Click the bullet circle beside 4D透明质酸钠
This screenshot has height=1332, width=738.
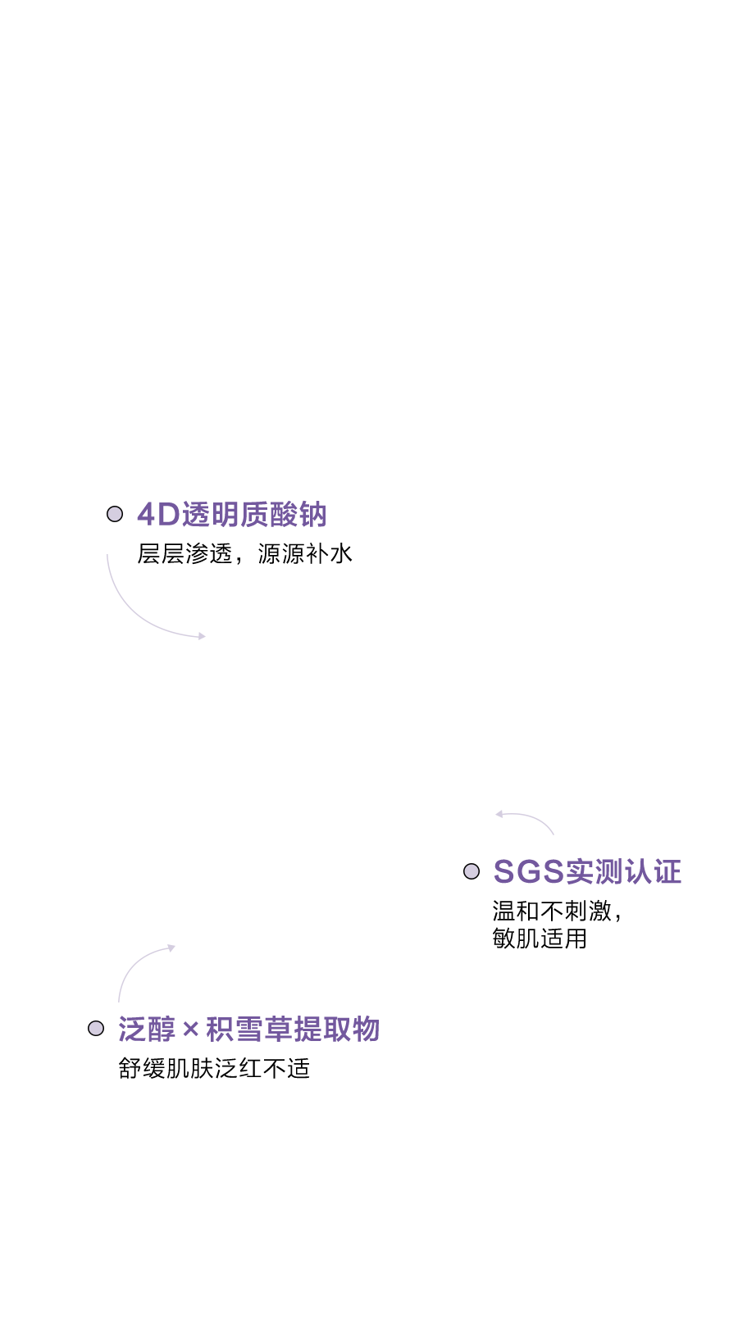click(x=115, y=514)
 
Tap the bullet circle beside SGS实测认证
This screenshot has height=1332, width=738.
click(x=471, y=871)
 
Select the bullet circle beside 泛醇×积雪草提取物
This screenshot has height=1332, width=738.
click(x=96, y=1028)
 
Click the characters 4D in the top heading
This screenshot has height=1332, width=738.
click(x=158, y=515)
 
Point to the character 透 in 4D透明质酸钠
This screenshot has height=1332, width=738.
click(x=195, y=515)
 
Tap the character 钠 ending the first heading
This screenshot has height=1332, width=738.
click(x=313, y=515)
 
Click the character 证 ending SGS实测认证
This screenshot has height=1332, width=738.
click(x=667, y=871)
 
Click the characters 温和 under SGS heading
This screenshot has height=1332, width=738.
click(x=516, y=911)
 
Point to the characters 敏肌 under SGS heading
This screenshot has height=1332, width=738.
click(x=516, y=938)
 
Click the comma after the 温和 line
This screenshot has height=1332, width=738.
click(x=617, y=916)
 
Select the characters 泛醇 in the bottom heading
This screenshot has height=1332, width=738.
click(x=148, y=1029)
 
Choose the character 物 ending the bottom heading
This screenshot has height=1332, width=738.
click(x=365, y=1029)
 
